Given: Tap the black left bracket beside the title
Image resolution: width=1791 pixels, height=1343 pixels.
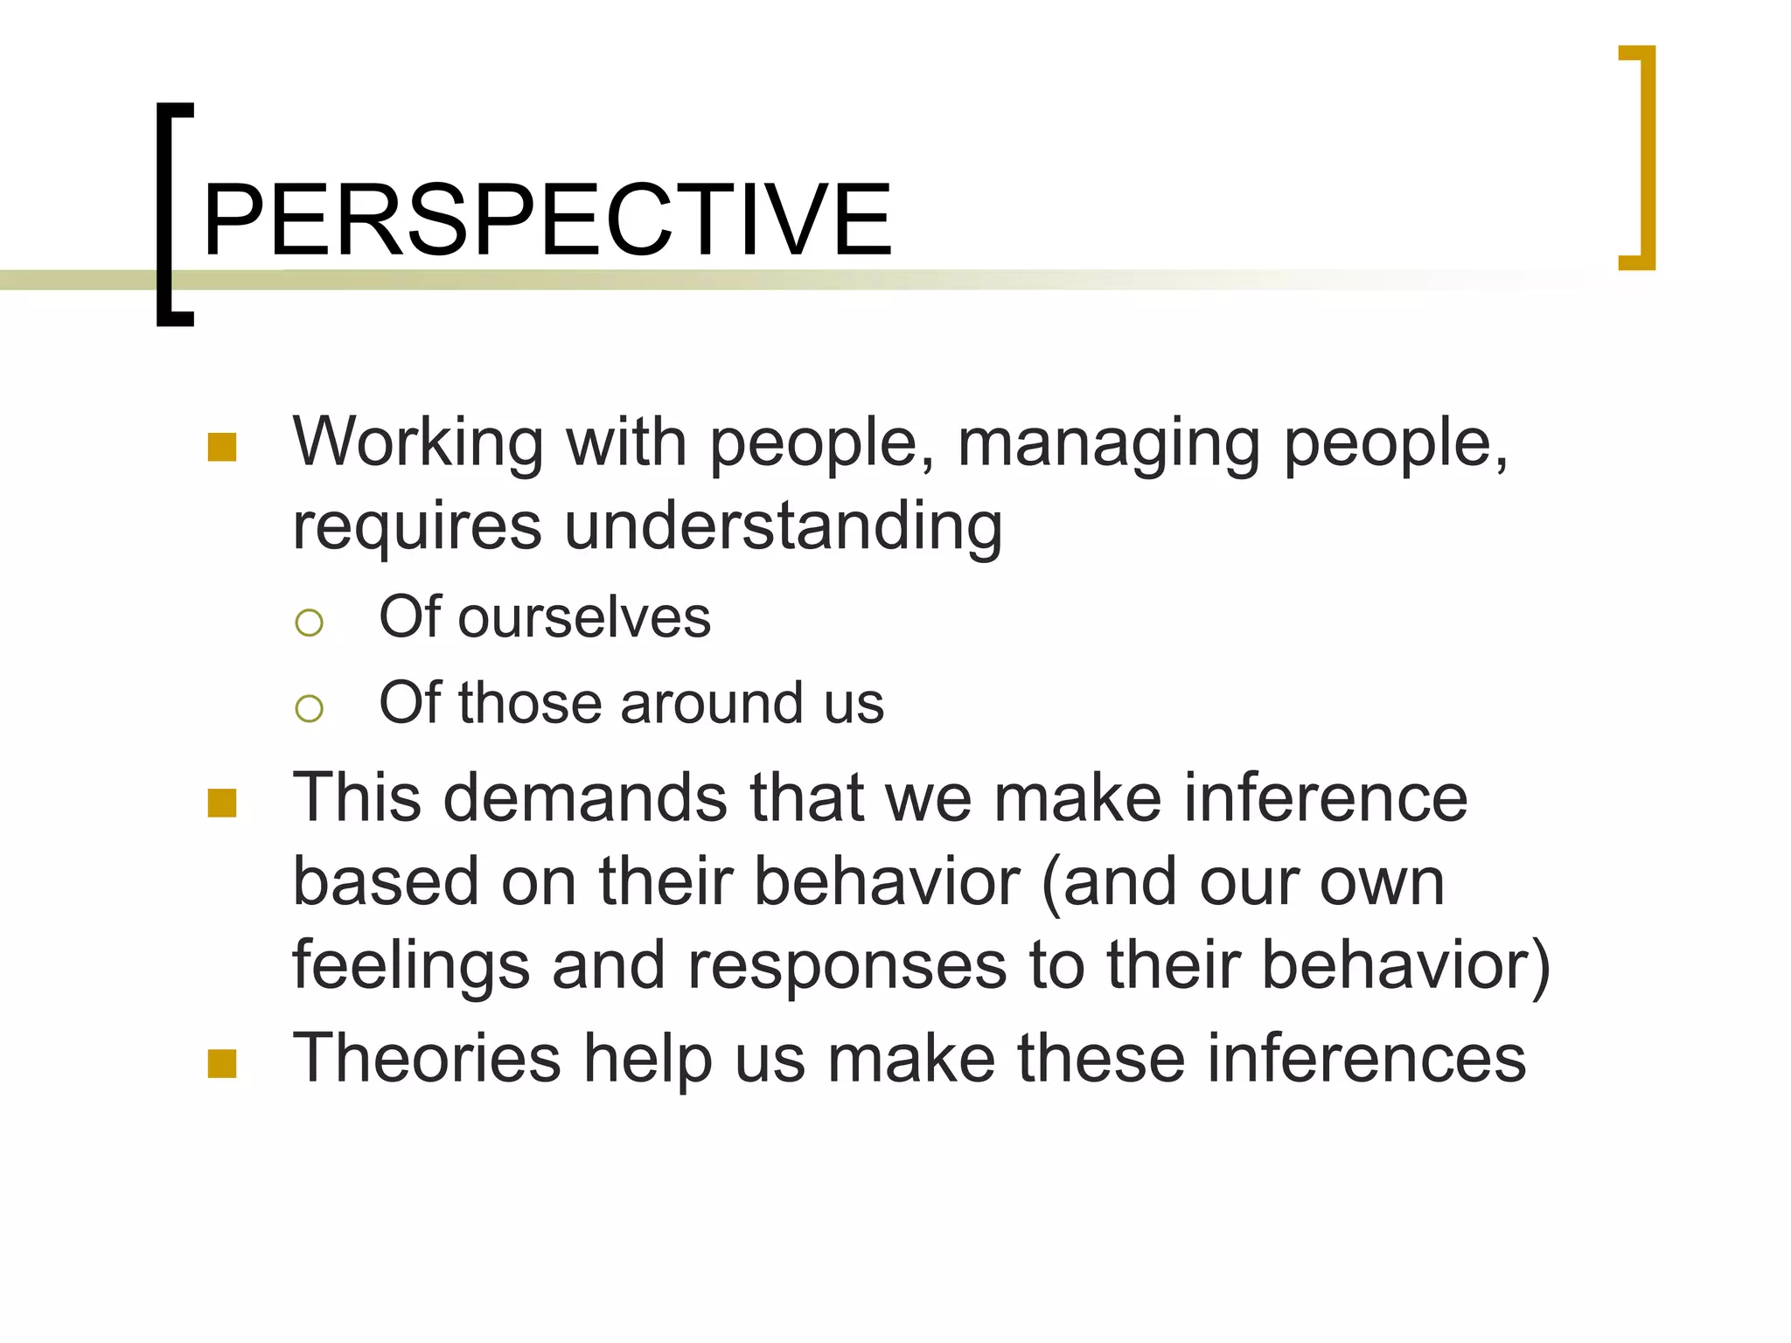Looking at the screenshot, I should [x=165, y=214].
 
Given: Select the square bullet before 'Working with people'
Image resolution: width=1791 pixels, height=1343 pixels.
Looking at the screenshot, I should [x=222, y=447].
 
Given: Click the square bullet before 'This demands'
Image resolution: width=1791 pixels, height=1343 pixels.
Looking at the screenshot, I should [x=222, y=803].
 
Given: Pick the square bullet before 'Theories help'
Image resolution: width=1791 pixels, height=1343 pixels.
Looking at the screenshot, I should [x=222, y=1063].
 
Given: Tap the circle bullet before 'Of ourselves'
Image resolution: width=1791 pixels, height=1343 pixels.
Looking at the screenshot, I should [x=309, y=623].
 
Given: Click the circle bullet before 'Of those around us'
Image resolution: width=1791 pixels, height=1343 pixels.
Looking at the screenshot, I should [x=309, y=707].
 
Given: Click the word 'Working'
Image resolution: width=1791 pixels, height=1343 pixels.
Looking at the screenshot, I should [x=418, y=443].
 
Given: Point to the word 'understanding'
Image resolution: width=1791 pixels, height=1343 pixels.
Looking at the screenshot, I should [x=783, y=526].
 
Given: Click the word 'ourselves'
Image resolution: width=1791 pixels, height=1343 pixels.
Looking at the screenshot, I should [x=584, y=617].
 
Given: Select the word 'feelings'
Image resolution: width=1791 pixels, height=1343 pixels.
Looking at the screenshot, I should [x=411, y=965].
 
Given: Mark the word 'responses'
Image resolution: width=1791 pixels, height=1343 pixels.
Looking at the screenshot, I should [x=847, y=965].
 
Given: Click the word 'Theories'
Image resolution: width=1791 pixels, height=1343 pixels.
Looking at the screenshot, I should [x=426, y=1058].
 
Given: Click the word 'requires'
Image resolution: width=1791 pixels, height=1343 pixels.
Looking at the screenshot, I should [x=417, y=526].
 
